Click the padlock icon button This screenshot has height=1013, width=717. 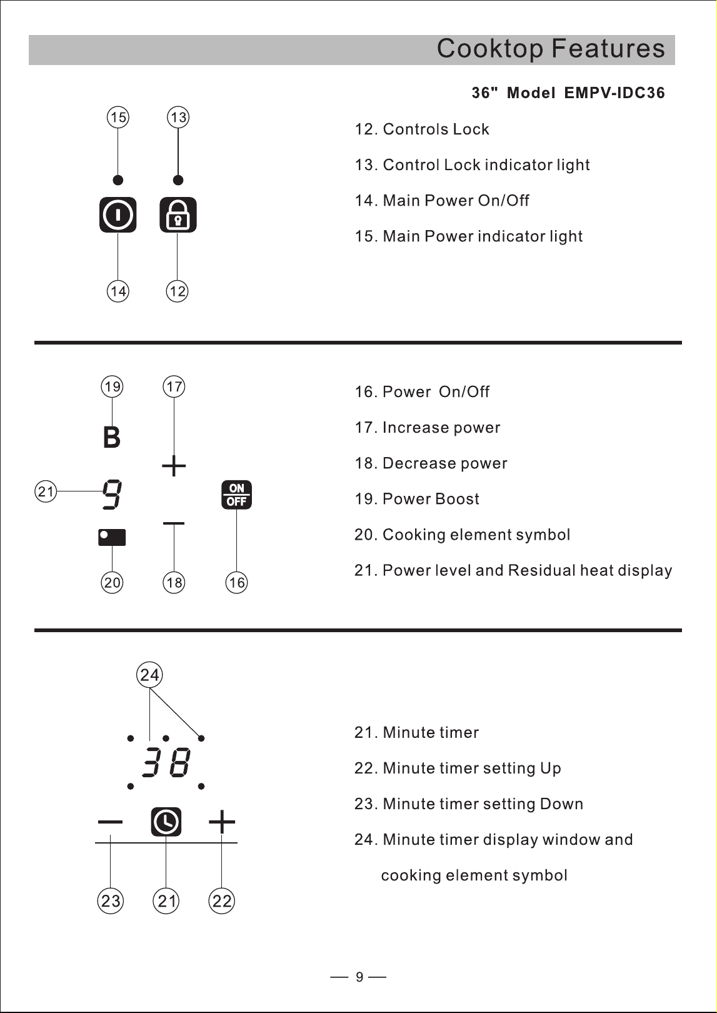click(178, 215)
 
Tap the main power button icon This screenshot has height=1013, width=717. click(118, 215)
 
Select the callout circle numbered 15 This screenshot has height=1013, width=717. click(118, 117)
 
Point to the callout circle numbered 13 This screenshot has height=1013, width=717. click(178, 117)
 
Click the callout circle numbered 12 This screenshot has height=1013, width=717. click(177, 291)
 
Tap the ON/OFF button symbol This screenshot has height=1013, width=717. click(236, 495)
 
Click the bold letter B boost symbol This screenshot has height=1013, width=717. click(112, 437)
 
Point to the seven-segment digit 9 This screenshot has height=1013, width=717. click(111, 495)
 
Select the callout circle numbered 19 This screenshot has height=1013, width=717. click(112, 386)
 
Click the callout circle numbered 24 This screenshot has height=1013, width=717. click(149, 675)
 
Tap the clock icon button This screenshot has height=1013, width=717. click(166, 822)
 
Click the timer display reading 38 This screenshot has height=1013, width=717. click(166, 763)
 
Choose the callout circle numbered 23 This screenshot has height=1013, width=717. click(111, 901)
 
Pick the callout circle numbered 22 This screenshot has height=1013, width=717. click(221, 901)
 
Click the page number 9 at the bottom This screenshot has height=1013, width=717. click(359, 977)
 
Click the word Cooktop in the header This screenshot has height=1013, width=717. click(490, 48)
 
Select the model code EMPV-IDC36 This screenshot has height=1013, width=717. click(614, 93)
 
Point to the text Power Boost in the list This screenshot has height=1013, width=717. click(431, 499)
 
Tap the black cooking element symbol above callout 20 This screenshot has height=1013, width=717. click(112, 537)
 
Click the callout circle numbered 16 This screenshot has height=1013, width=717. click(236, 583)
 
